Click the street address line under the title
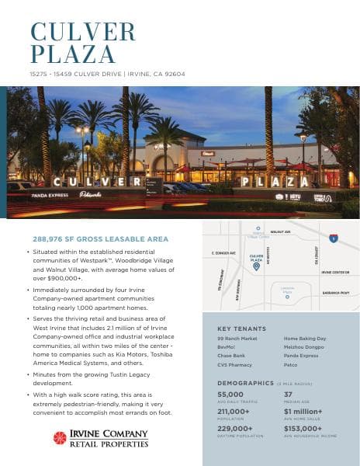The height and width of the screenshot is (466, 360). coord(107,74)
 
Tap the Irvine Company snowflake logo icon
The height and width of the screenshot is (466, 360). coord(60,437)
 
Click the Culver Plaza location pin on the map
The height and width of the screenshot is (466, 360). coord(256,266)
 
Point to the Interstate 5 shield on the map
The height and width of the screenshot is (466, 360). coord(333,238)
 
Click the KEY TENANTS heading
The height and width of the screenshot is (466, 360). coord(242,329)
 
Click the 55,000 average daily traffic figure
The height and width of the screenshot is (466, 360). coord(230,395)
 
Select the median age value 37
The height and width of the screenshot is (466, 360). coord(288,395)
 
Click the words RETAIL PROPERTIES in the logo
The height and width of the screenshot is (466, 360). coord(109,444)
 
